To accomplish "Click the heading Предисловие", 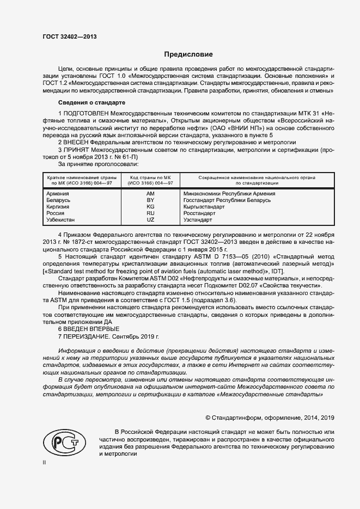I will click(x=188, y=54).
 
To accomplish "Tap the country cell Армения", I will click(x=58, y=193).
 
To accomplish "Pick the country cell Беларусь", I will click(x=59, y=200).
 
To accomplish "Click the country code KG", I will click(x=151, y=206).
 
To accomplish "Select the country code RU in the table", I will click(x=151, y=213).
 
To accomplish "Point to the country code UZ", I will click(x=151, y=219).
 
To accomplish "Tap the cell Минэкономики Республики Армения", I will click(x=229, y=193).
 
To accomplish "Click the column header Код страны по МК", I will click(x=151, y=177).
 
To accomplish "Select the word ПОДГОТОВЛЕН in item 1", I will click(x=88, y=113).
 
